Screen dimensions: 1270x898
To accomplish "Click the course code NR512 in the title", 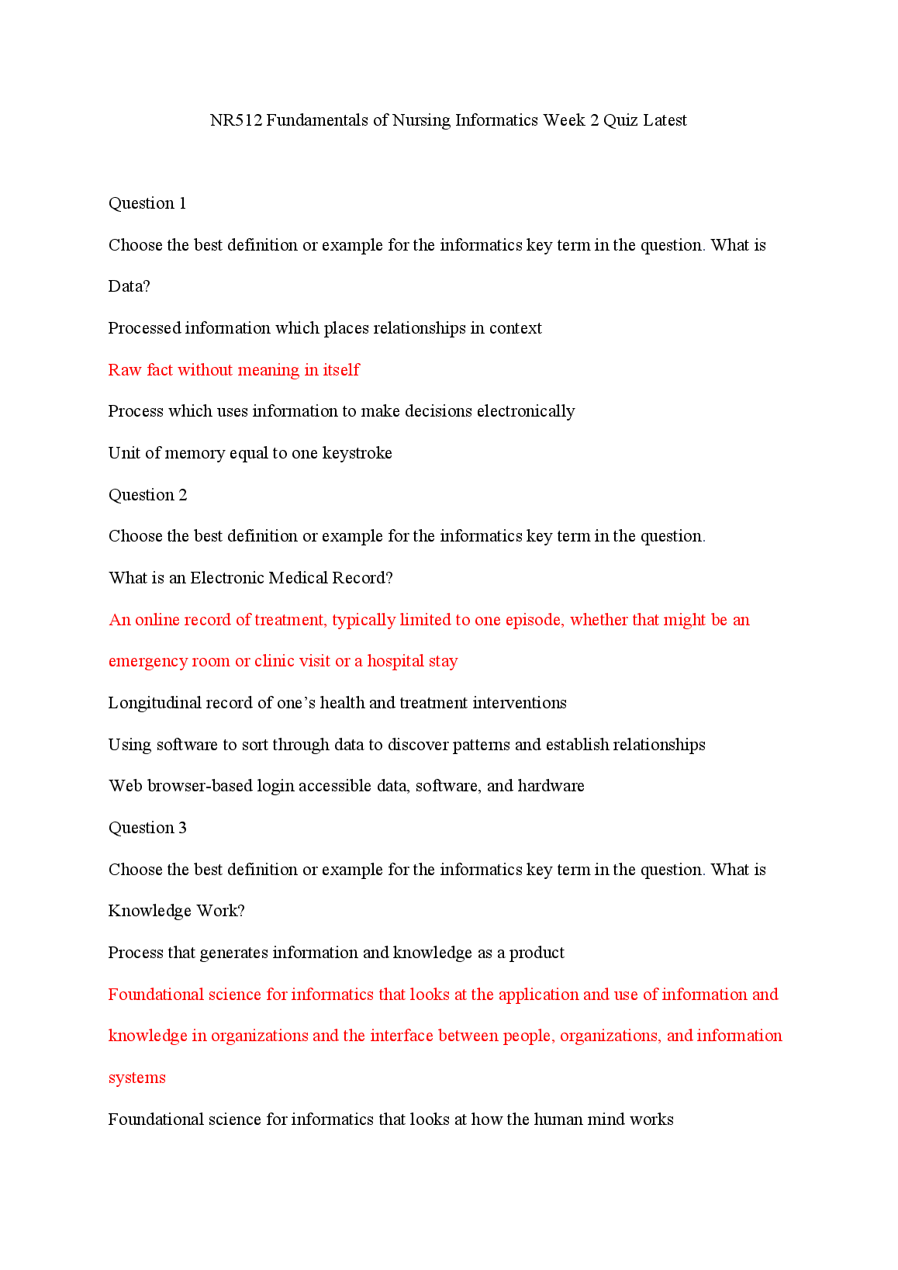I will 237,120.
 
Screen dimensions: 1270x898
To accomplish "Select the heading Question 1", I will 147,203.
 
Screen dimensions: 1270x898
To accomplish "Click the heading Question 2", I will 147,495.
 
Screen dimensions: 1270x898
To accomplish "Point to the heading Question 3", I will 147,828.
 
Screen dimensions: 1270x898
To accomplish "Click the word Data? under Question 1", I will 129,286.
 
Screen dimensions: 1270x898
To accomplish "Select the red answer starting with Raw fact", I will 233,370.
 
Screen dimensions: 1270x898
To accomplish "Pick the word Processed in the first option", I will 144,328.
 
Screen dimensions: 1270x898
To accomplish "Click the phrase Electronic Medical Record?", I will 292,578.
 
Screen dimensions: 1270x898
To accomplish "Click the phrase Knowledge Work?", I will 176,911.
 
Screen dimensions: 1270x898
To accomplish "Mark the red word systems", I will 136,1078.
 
